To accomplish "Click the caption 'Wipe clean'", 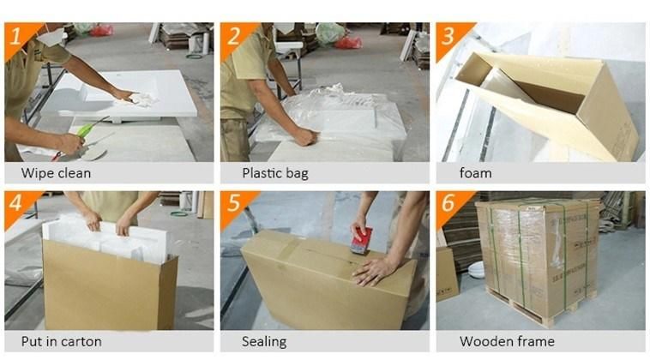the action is (56, 173).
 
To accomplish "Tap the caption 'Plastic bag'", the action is (275, 173).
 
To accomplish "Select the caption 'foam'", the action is (475, 173).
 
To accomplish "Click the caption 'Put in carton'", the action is (62, 341).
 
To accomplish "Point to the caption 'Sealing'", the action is (264, 342).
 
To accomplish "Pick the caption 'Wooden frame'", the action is (507, 341).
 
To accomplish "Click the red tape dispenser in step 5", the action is (362, 240).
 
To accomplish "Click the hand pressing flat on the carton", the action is (374, 271).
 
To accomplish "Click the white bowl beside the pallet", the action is (476, 270).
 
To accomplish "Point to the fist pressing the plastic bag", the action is (305, 136).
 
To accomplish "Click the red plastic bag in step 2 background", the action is (348, 42).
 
